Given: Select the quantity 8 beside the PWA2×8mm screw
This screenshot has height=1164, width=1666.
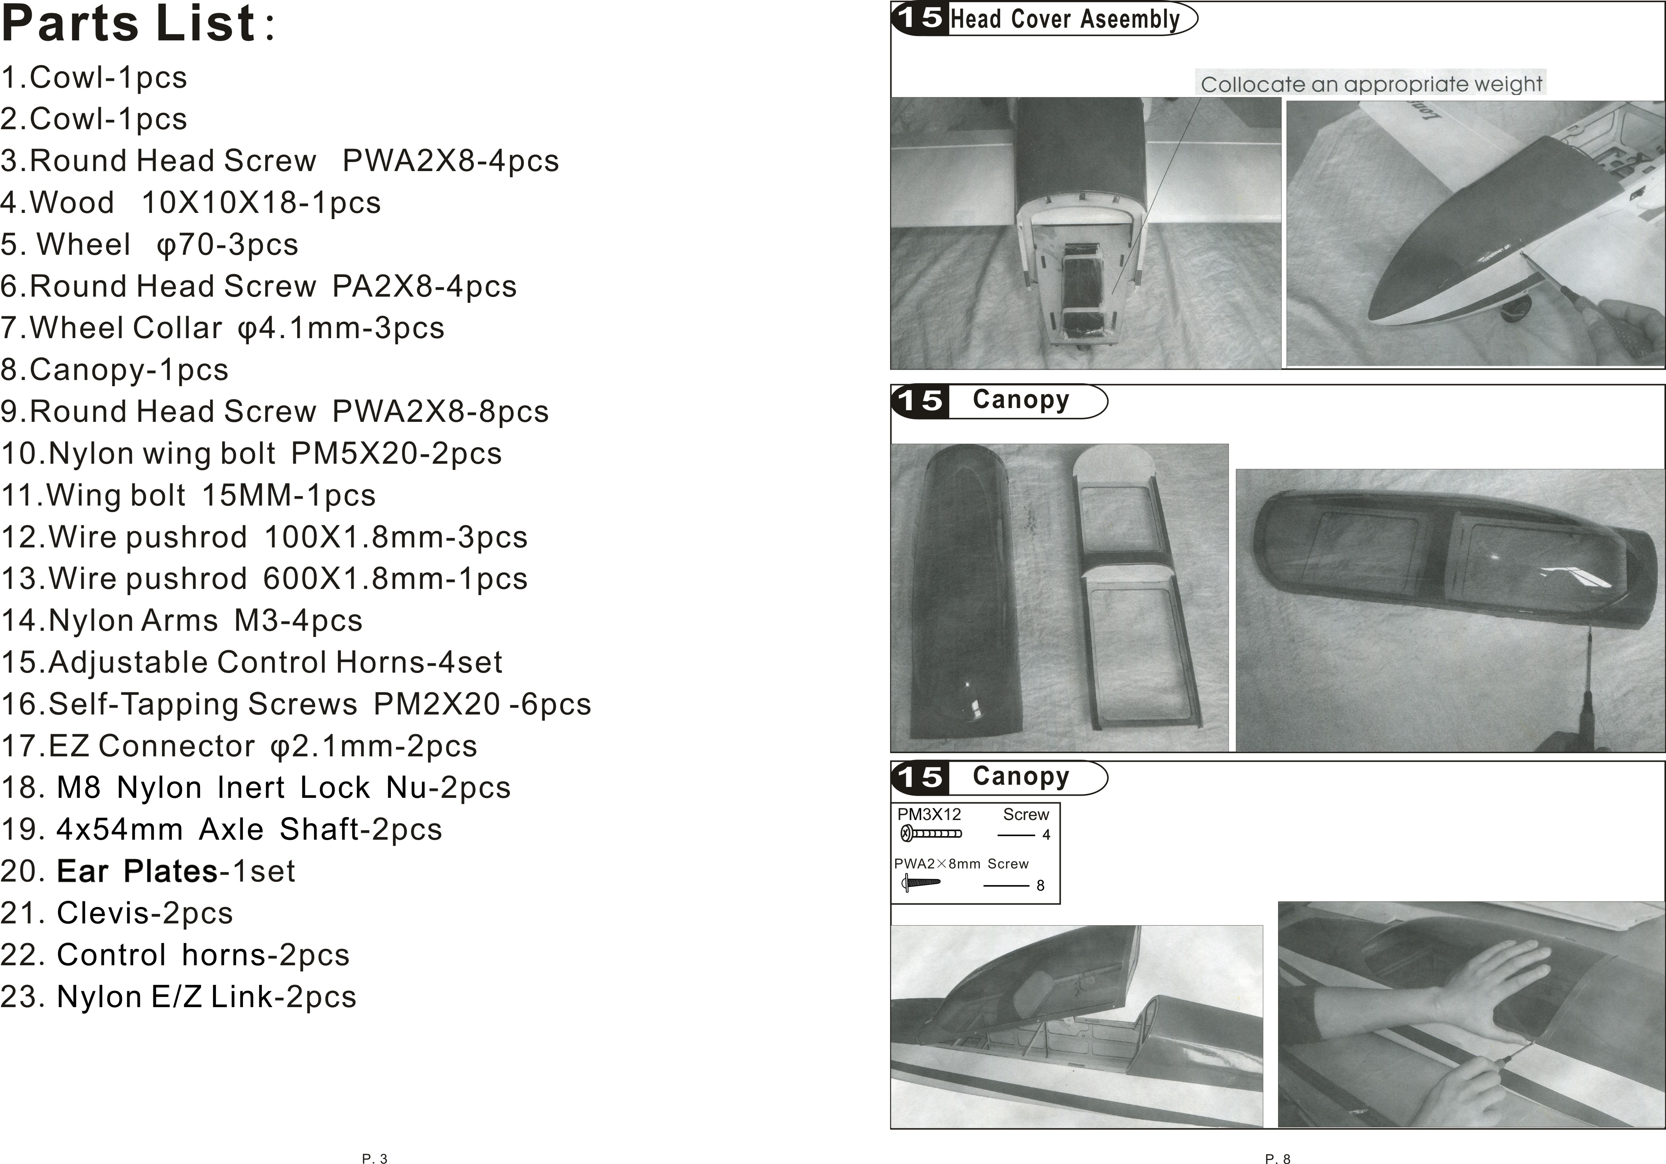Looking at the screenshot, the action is [1041, 886].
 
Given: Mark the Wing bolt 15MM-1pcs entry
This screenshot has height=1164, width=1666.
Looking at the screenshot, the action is [188, 495].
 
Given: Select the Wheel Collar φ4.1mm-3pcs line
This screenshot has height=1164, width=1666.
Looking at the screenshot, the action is [222, 328].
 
